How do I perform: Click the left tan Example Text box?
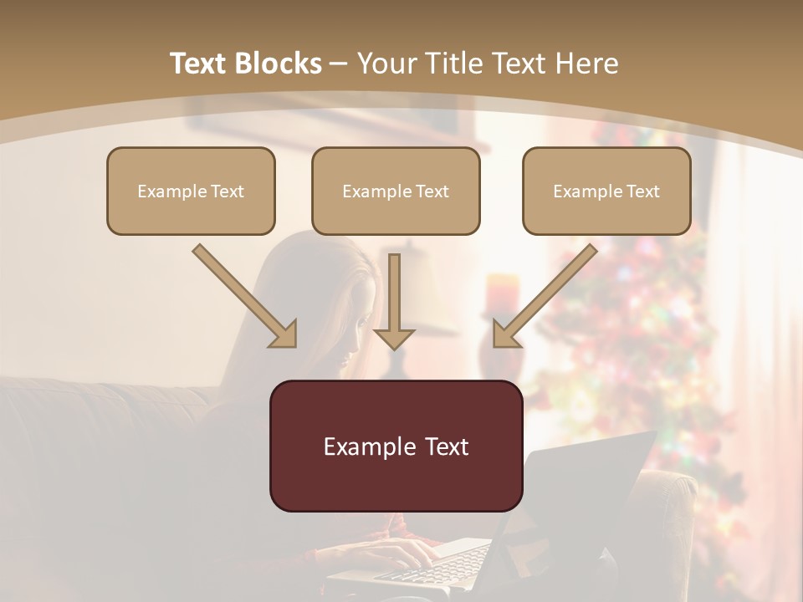click(x=191, y=191)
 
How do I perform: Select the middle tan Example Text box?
click(x=396, y=191)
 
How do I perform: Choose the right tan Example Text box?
click(x=606, y=191)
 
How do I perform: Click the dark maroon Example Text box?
click(x=396, y=446)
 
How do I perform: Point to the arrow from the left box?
click(x=245, y=296)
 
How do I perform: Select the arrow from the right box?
click(x=545, y=296)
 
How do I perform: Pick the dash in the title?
click(x=340, y=64)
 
